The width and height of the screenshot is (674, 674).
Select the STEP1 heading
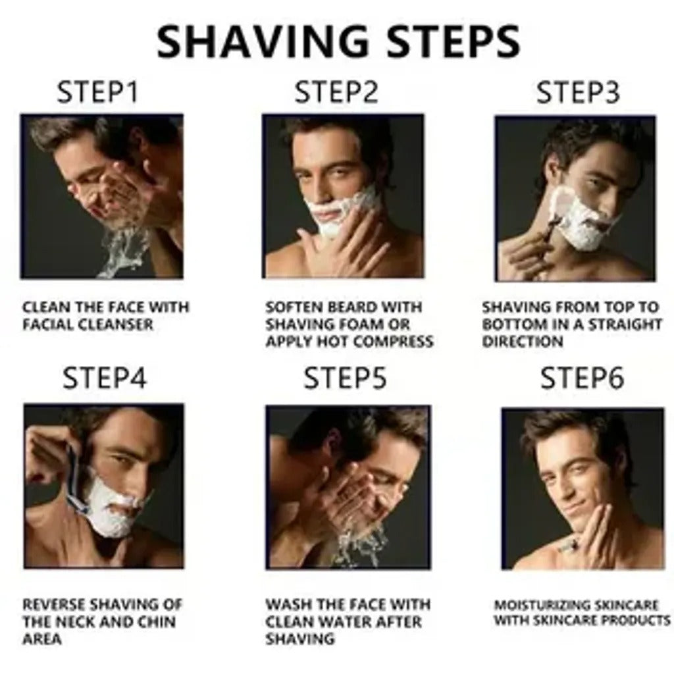point(97,93)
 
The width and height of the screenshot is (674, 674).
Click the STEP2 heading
point(336,93)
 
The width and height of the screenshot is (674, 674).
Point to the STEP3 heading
point(578,93)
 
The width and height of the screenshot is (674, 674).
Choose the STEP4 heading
point(105,378)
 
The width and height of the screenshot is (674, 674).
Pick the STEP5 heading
point(345,378)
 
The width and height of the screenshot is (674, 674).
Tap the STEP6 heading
point(582,378)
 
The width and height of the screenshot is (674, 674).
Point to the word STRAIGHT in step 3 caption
point(625,324)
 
